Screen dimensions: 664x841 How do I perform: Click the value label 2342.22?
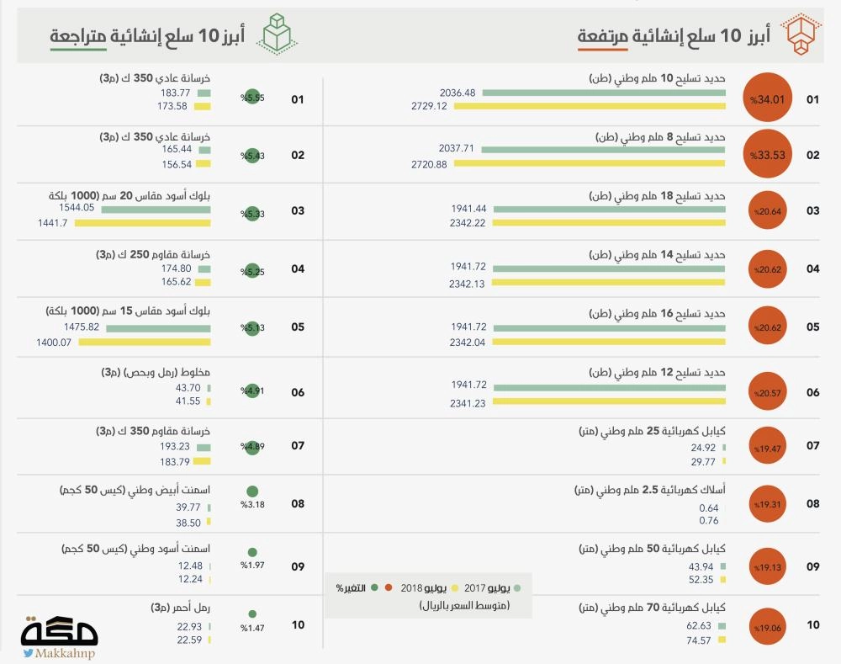pos(468,223)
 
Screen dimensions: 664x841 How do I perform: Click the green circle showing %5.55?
pos(251,98)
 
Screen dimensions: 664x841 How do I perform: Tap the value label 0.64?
pos(709,507)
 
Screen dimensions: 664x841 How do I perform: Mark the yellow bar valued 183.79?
pos(202,461)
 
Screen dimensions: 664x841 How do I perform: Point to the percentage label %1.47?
pos(252,628)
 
